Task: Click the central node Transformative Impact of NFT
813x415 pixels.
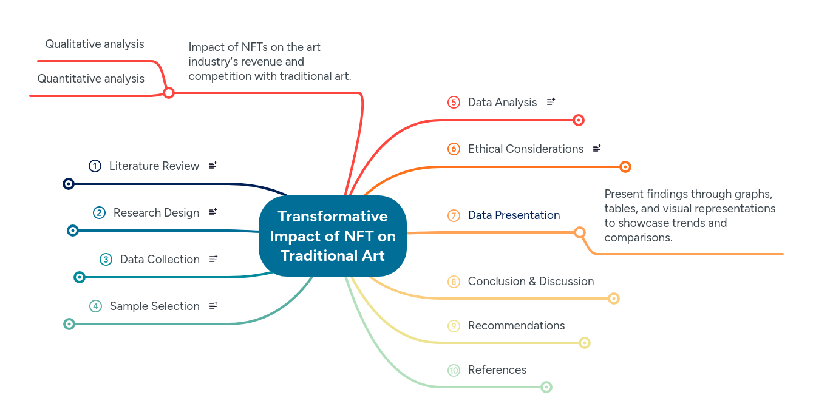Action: click(x=332, y=236)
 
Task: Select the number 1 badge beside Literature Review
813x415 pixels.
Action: click(x=95, y=166)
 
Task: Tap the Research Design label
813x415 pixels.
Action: click(x=156, y=213)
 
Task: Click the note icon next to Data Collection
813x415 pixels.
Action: click(x=213, y=259)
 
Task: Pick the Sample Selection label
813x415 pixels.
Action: click(x=154, y=306)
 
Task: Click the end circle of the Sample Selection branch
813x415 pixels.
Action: click(x=69, y=324)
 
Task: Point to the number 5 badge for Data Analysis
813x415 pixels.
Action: click(x=454, y=103)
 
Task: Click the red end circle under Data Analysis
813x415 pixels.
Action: click(x=579, y=120)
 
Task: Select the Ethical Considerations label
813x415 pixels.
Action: click(x=525, y=149)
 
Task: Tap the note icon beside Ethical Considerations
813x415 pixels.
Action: click(x=597, y=149)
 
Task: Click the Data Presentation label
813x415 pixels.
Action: click(x=514, y=215)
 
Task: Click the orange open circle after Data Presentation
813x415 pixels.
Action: click(x=580, y=232)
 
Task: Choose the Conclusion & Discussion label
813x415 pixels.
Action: click(x=531, y=282)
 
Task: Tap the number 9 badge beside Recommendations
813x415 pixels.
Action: click(x=454, y=326)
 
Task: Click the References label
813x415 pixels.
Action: click(x=497, y=370)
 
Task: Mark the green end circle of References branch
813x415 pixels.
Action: click(x=546, y=387)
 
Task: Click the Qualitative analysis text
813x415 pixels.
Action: click(x=95, y=44)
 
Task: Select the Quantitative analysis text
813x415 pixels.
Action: click(x=91, y=79)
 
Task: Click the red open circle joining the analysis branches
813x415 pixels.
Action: click(x=169, y=93)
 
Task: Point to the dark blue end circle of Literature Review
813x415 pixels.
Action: click(x=69, y=184)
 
